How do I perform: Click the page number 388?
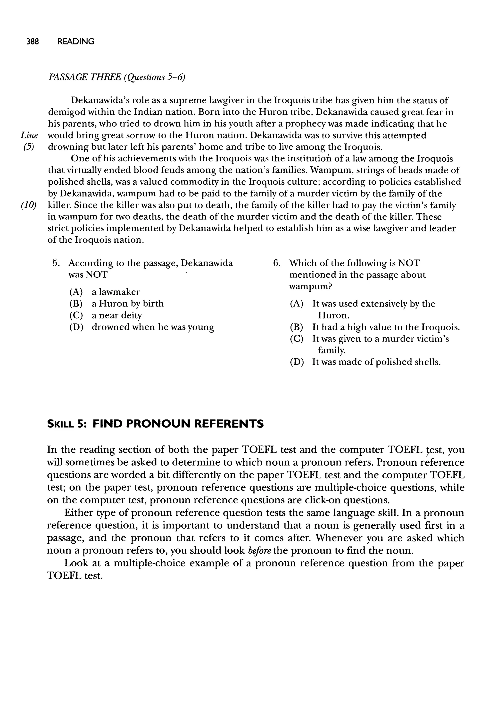coord(33,42)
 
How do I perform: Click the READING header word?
coord(76,42)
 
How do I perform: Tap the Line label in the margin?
coord(29,135)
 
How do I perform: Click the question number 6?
coord(277,263)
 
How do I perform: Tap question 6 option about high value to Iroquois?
coord(375,327)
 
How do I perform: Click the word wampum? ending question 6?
coord(311,287)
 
